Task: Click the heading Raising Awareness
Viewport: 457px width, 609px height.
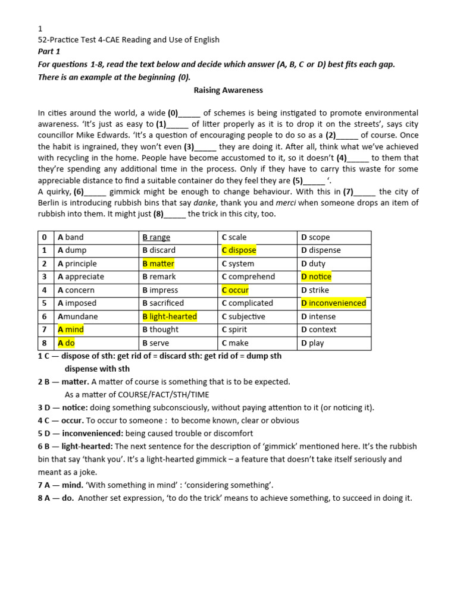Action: [228, 91]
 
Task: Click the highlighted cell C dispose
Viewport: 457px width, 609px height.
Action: [239, 250]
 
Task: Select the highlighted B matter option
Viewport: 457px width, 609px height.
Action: [158, 263]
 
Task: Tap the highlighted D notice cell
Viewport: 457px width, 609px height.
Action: [316, 277]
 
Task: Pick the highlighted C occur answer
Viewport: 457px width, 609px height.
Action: [235, 290]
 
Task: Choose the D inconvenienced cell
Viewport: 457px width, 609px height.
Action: [333, 303]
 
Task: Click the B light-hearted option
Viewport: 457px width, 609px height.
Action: [169, 316]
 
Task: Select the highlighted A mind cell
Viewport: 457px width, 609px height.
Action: [70, 329]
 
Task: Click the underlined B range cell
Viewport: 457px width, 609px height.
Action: [156, 237]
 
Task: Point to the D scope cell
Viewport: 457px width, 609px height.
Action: [315, 237]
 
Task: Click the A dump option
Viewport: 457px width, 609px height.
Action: [72, 250]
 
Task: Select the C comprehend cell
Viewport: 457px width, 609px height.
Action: [248, 277]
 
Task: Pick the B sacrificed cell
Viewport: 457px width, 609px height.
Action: [163, 303]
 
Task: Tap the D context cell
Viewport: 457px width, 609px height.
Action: [318, 329]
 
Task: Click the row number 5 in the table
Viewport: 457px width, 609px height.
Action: [45, 303]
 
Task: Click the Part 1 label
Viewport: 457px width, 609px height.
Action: [49, 51]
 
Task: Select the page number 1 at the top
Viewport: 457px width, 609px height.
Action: [40, 29]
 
